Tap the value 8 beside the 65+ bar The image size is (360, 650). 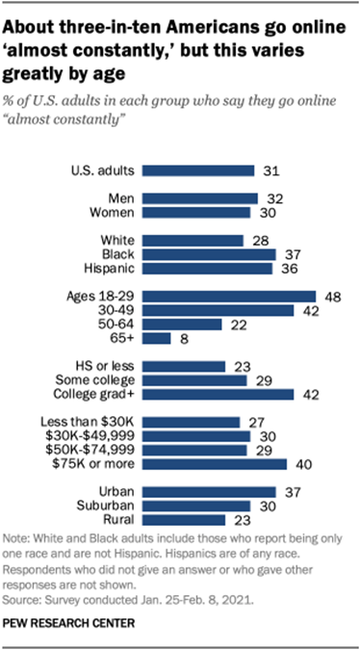click(x=181, y=339)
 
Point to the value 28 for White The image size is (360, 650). click(x=257, y=240)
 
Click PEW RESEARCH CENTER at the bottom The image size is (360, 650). click(x=70, y=624)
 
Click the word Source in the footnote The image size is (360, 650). click(x=21, y=596)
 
